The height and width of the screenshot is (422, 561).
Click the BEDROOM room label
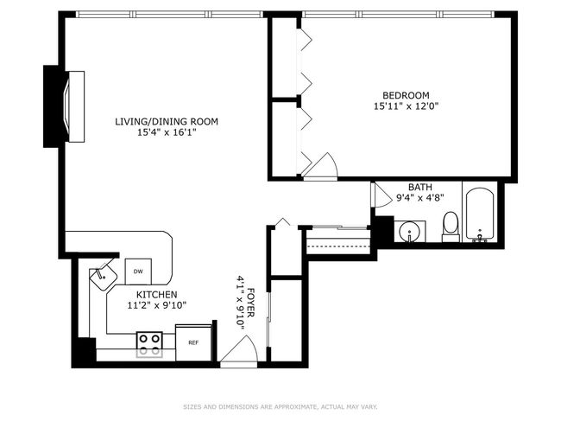[x=407, y=95]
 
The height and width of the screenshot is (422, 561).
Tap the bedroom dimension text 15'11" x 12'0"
[x=407, y=106]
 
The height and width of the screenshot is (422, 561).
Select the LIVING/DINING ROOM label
[x=167, y=122]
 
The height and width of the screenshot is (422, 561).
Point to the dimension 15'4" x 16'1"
[x=167, y=132]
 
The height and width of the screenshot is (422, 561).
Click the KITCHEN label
[x=157, y=295]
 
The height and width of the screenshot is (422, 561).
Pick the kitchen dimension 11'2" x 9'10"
[x=157, y=305]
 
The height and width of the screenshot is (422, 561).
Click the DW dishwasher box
[x=138, y=272]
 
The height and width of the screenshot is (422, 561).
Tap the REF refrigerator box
[x=193, y=342]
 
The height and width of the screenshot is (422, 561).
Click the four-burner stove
[x=149, y=345]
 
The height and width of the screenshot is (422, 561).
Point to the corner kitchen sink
[x=104, y=276]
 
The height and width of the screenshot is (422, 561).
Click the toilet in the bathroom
[x=451, y=227]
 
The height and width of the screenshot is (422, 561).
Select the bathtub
[x=480, y=214]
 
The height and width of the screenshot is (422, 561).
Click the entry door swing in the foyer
[x=238, y=349]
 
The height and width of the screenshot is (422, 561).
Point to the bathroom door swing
[x=381, y=195]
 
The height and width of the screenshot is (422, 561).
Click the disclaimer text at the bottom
[x=280, y=407]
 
